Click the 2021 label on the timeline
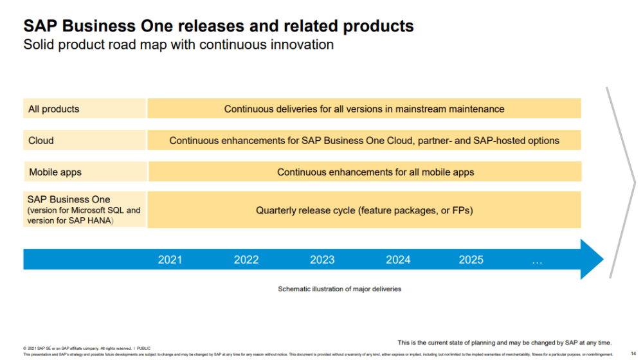(x=170, y=260)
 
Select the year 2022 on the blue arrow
(x=246, y=260)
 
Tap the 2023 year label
(x=322, y=260)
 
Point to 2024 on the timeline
(x=398, y=260)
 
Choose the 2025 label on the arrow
(x=471, y=260)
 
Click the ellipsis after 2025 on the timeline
(x=538, y=260)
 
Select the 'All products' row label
(x=54, y=109)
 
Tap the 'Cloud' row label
(x=41, y=140)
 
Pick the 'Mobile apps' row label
(x=55, y=172)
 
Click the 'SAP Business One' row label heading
(x=69, y=199)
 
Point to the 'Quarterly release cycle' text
(x=365, y=210)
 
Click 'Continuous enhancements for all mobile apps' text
(x=376, y=172)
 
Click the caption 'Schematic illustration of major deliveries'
(x=340, y=289)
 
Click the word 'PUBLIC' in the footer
(x=143, y=348)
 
